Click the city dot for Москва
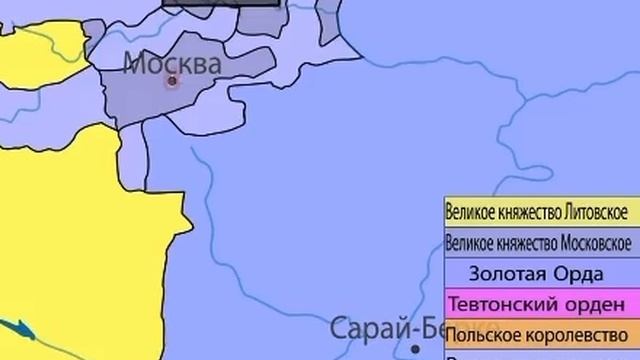[x=172, y=81]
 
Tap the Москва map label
[x=172, y=64]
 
